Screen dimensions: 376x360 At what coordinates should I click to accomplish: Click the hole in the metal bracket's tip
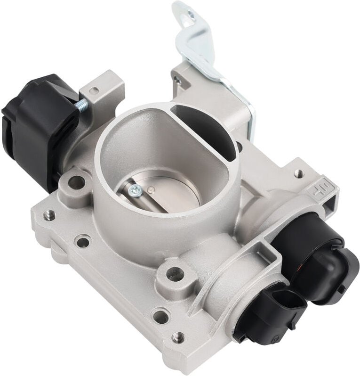click(x=189, y=18)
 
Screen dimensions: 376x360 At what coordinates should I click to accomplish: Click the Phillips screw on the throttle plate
click(x=136, y=190)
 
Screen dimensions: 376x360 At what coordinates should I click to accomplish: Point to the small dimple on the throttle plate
click(x=150, y=189)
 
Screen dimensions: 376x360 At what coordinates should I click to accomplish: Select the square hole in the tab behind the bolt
click(x=95, y=91)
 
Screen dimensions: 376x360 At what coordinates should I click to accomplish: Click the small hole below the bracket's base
click(x=178, y=81)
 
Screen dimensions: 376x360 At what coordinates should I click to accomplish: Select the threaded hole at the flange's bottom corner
click(x=178, y=337)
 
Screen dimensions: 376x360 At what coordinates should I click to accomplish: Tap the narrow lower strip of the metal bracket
click(x=249, y=113)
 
